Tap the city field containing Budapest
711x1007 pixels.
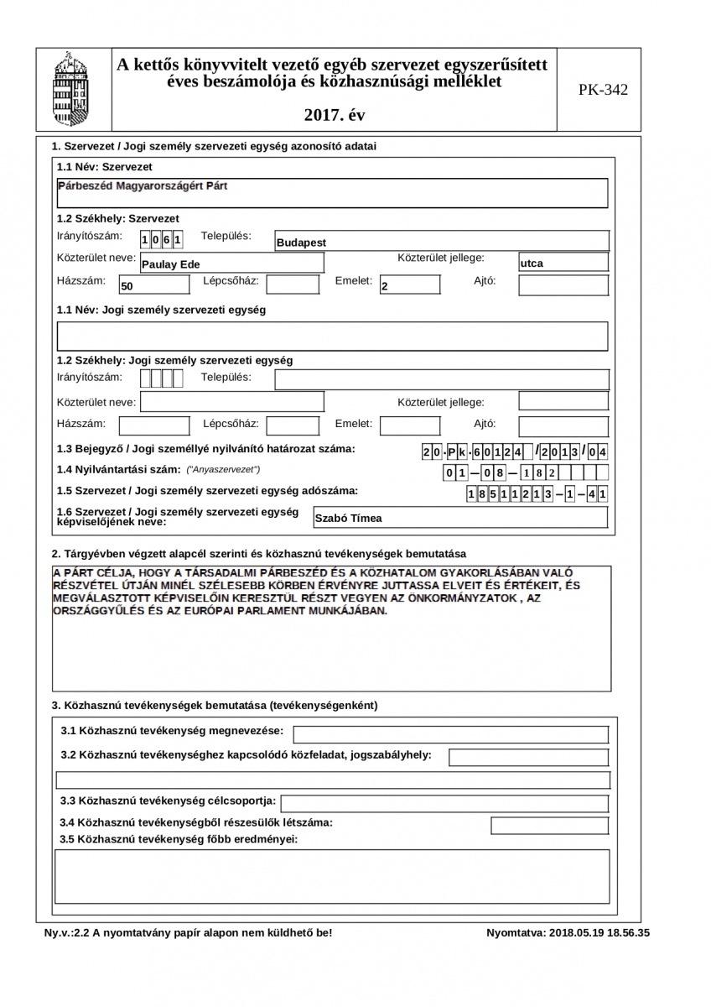[x=441, y=242]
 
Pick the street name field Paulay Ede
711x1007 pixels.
[x=231, y=263]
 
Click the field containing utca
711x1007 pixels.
[x=563, y=263]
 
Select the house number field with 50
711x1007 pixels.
[x=142, y=285]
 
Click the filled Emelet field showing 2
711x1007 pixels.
[x=409, y=285]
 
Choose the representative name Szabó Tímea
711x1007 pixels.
[x=459, y=518]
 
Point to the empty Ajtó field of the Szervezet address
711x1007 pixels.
[x=563, y=285]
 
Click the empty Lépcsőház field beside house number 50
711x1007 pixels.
[x=292, y=284]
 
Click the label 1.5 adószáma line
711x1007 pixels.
[x=207, y=491]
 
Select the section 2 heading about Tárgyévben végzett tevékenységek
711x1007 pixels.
[x=259, y=554]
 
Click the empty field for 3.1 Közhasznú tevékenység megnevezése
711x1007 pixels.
[x=450, y=735]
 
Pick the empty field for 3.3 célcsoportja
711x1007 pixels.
[x=445, y=804]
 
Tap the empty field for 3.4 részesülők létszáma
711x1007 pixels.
[x=549, y=826]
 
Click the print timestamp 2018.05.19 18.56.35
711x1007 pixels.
[x=568, y=932]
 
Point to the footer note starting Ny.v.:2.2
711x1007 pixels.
[x=189, y=932]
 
